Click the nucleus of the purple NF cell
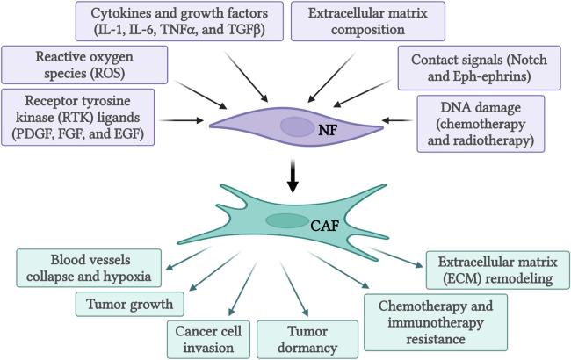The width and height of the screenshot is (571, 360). click(298, 126)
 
